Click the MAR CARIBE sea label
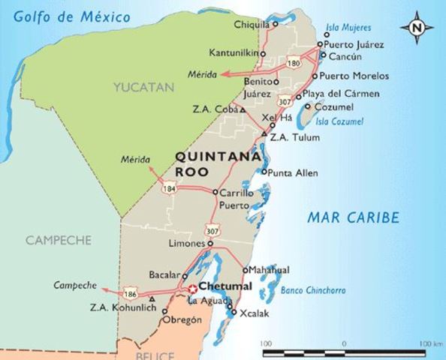(x=353, y=218)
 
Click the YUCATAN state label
(x=143, y=88)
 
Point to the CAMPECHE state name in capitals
(x=58, y=241)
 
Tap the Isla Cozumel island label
(x=339, y=121)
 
